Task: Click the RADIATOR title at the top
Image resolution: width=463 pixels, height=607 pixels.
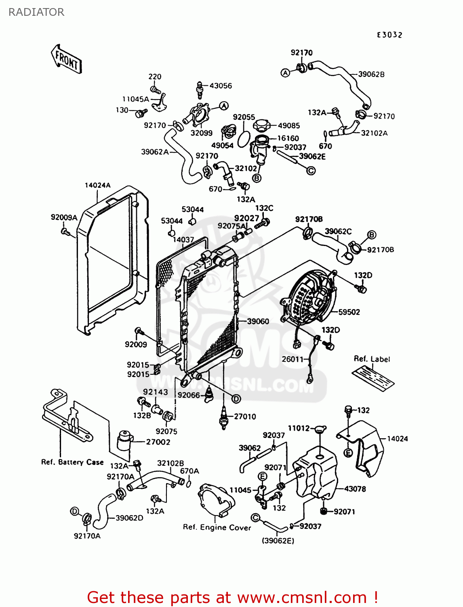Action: point(36,12)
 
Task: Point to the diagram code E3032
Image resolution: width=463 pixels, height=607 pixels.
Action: point(389,35)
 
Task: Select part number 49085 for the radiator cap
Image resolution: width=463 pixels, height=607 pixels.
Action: point(288,126)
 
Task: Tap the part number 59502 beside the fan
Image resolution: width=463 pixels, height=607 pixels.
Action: point(349,312)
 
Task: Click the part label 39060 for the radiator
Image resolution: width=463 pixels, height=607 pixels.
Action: point(258,321)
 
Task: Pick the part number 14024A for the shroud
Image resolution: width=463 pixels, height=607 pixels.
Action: point(97,185)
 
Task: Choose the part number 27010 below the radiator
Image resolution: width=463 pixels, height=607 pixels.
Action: point(245,416)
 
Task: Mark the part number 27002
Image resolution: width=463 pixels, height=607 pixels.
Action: point(158,442)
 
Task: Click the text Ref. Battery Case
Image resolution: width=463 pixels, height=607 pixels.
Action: point(72,462)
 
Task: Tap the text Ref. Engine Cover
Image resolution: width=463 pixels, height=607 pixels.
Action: point(217,527)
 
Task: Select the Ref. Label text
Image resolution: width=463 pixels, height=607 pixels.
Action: point(372,359)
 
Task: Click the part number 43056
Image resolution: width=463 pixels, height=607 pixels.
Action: point(221,86)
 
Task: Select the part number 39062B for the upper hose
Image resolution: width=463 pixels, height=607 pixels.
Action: point(371,74)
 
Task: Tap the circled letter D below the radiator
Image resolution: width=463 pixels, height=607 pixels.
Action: point(236,399)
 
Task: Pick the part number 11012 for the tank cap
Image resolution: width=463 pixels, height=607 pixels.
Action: point(299,428)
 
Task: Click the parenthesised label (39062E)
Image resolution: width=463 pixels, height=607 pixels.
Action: point(278,541)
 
